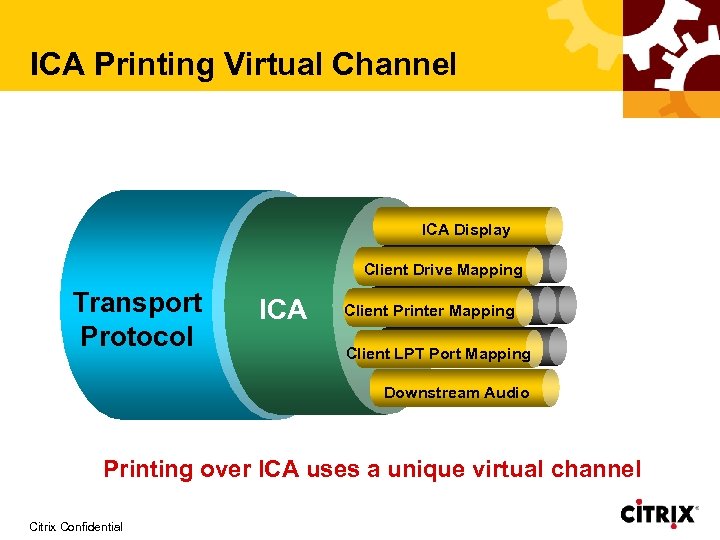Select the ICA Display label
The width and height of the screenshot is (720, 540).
click(x=465, y=230)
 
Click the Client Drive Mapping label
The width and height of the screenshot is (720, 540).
click(x=443, y=270)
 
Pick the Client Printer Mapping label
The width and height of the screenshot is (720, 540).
click(x=429, y=311)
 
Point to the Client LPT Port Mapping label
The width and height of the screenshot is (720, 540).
click(x=438, y=353)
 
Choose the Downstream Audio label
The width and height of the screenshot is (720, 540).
click(x=456, y=392)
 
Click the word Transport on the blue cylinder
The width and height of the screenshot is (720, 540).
click(x=137, y=303)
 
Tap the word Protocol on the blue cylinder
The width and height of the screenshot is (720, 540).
click(x=137, y=336)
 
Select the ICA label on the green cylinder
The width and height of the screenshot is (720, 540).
click(x=283, y=311)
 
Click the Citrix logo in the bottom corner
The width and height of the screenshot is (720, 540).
click(x=658, y=514)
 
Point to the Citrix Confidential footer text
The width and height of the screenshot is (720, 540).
click(x=76, y=526)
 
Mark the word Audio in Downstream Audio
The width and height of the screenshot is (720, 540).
click(x=505, y=392)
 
